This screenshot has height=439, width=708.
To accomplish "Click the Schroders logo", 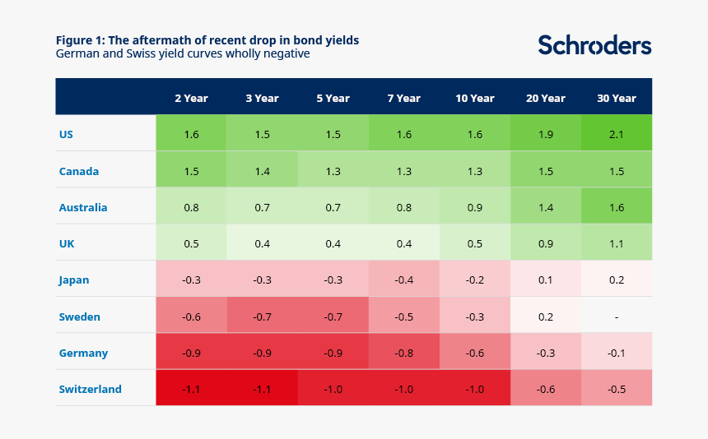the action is click(594, 45).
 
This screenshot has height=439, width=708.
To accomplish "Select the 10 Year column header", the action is click(474, 99).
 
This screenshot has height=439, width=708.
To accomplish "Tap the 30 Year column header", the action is click(617, 99).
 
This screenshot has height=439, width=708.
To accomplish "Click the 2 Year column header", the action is click(192, 99).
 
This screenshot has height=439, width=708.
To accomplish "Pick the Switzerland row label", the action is click(91, 389).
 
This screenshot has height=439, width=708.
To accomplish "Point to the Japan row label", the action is click(73, 280).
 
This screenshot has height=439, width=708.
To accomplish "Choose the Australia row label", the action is click(83, 207).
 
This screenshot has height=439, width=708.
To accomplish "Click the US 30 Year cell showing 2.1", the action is click(617, 133).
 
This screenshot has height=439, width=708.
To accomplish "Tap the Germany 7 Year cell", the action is click(403, 352).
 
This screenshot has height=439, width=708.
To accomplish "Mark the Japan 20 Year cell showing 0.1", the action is click(546, 279).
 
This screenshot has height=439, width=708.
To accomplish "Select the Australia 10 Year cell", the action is click(474, 206).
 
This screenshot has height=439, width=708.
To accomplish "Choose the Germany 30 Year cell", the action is click(617, 352).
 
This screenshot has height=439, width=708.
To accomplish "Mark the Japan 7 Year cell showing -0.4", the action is click(403, 279).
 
